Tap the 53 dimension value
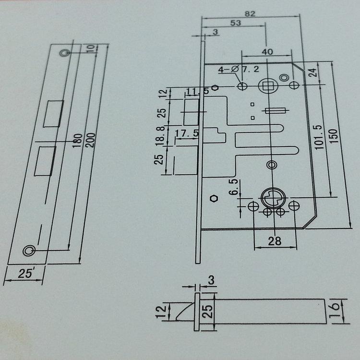(x=235, y=23)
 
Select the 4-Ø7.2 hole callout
(x=239, y=70)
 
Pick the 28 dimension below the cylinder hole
(x=275, y=241)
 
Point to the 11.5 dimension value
(x=197, y=91)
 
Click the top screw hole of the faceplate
(x=64, y=53)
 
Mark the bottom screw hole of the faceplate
(x=29, y=250)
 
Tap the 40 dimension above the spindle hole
(x=267, y=51)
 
